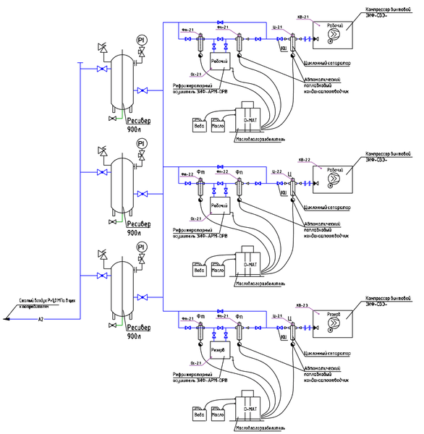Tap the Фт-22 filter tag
(187, 174)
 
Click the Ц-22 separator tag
(276, 172)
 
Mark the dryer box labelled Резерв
(220, 350)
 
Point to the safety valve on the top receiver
(101, 50)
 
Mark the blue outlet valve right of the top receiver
(143, 90)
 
